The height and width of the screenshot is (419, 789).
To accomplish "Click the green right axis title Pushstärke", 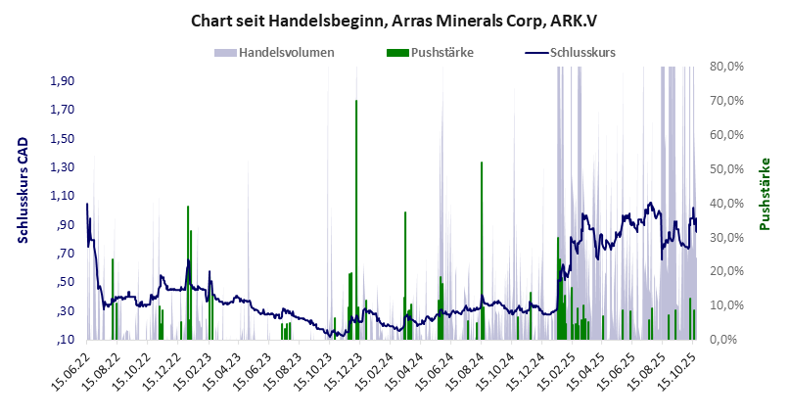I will pos(765,195).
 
